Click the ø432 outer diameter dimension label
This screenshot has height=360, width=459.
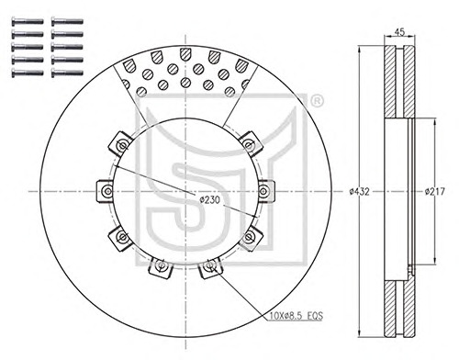(360, 192)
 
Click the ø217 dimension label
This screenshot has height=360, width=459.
(434, 192)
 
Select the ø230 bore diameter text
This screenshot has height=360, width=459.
(209, 200)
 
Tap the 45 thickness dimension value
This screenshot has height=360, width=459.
(399, 32)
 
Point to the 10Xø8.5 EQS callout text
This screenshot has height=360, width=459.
(297, 316)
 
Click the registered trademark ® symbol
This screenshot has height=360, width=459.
(317, 101)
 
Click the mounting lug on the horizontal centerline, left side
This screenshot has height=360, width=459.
(105, 192)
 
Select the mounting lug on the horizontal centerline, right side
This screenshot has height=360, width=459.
(266, 192)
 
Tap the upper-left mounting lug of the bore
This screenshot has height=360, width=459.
(120, 143)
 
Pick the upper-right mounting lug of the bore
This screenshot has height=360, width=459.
(251, 144)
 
